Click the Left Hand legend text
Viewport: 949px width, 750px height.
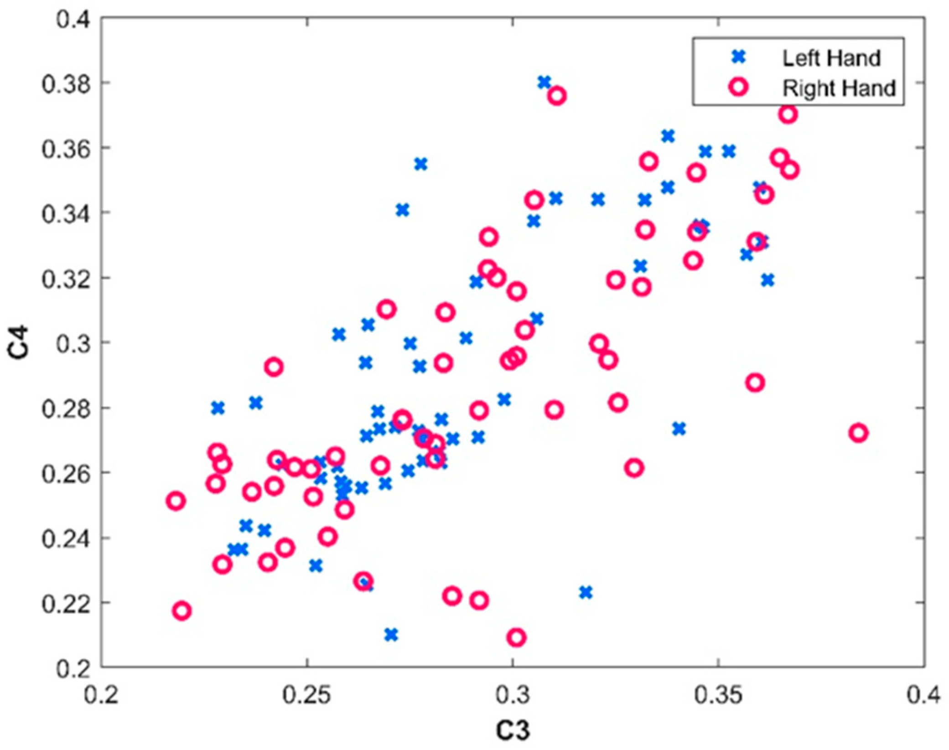click(x=831, y=58)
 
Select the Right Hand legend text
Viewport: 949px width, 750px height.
click(x=839, y=88)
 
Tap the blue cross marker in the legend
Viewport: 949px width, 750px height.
click(x=739, y=57)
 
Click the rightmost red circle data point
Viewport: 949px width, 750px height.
click(x=858, y=433)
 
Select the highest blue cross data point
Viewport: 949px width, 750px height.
click(x=544, y=83)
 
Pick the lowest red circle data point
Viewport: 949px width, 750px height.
click(x=516, y=637)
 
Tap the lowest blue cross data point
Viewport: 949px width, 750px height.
click(x=391, y=635)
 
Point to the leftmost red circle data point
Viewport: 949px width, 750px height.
click(x=176, y=501)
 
